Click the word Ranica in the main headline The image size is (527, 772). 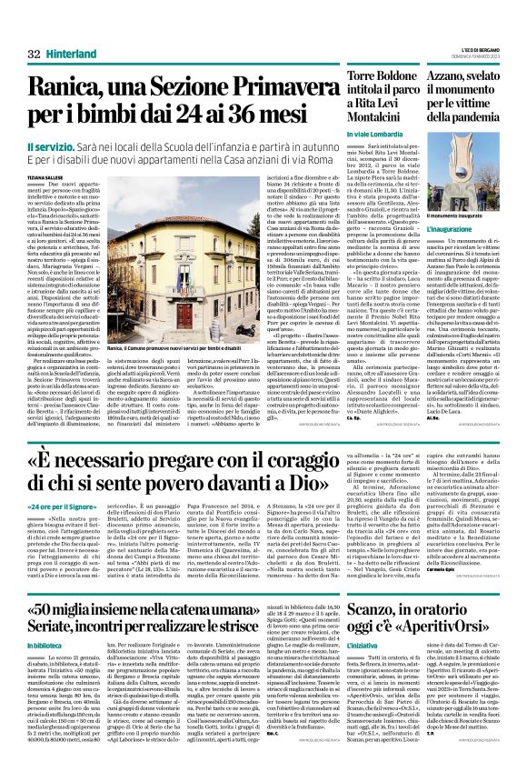click(x=73, y=88)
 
